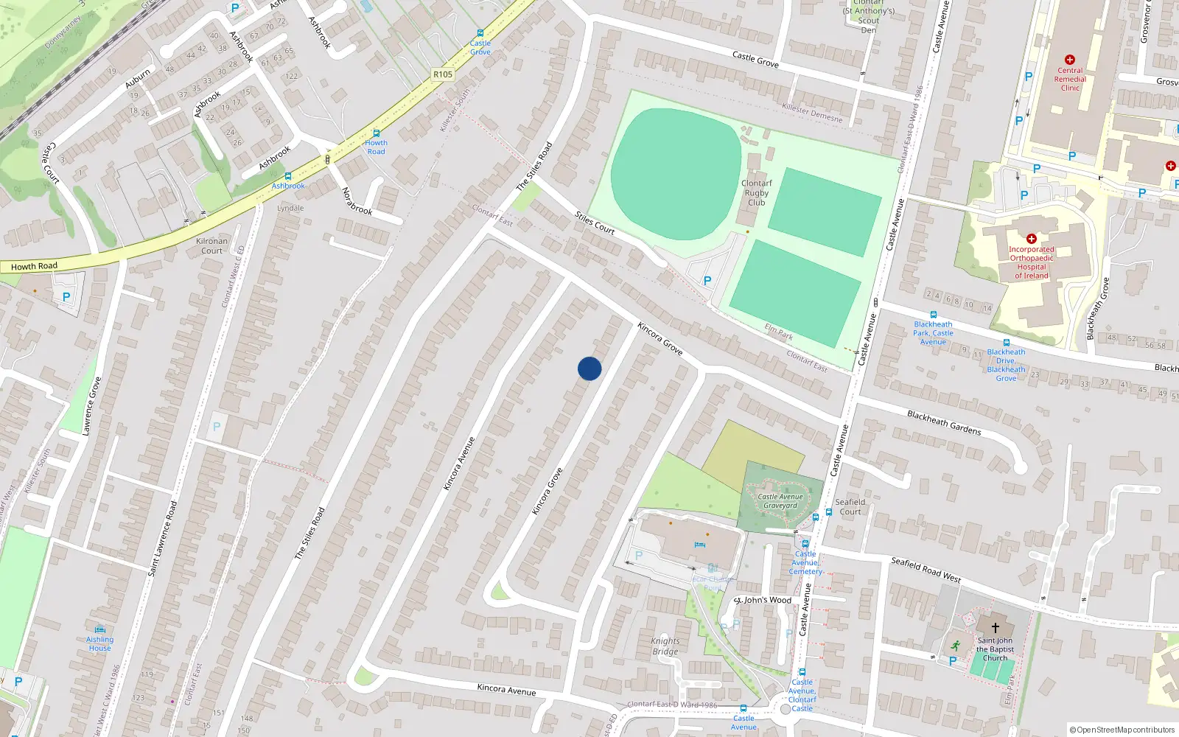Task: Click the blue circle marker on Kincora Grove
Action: pyautogui.click(x=589, y=368)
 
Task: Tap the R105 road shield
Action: pyautogui.click(x=443, y=74)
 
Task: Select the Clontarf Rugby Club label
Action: pyautogui.click(x=757, y=192)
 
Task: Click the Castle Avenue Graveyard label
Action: pyautogui.click(x=780, y=501)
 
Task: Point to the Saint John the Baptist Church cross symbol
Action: pyautogui.click(x=995, y=628)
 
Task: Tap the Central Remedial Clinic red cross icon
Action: pyautogui.click(x=1070, y=60)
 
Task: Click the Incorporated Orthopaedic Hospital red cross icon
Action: pyautogui.click(x=1032, y=239)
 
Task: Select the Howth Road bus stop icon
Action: pyautogui.click(x=376, y=133)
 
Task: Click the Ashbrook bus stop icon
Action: pyautogui.click(x=288, y=176)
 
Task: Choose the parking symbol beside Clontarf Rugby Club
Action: pyautogui.click(x=707, y=281)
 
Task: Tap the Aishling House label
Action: pyautogui.click(x=100, y=643)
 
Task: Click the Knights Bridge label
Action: pyautogui.click(x=665, y=646)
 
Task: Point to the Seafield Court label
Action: pyautogui.click(x=850, y=506)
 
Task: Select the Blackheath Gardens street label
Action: pyautogui.click(x=944, y=422)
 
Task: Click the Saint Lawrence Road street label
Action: pyautogui.click(x=163, y=538)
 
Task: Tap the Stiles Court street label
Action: pyautogui.click(x=595, y=223)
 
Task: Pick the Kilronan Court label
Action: pyautogui.click(x=211, y=245)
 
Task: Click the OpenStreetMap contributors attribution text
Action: pyautogui.click(x=1122, y=730)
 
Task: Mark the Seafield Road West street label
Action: pyautogui.click(x=926, y=569)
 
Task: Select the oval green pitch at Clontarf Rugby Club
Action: pyautogui.click(x=674, y=174)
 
